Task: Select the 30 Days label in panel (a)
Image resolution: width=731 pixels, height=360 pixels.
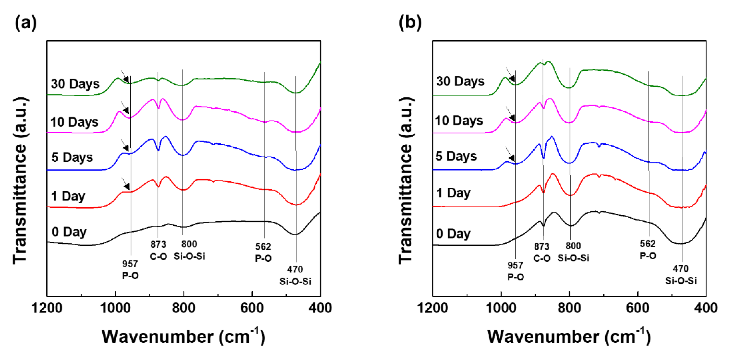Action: click(x=75, y=84)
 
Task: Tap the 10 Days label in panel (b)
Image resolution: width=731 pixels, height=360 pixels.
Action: click(x=459, y=121)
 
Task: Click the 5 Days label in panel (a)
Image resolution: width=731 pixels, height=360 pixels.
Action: click(x=72, y=157)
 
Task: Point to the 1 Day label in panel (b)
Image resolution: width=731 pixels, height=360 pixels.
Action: click(x=453, y=193)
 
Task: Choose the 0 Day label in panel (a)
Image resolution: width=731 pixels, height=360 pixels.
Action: click(x=69, y=232)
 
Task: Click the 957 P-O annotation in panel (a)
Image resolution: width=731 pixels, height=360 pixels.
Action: click(x=130, y=269)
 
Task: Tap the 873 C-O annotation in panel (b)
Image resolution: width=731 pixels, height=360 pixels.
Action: click(x=542, y=252)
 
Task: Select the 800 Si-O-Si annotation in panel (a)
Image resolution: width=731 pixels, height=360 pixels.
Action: click(x=189, y=250)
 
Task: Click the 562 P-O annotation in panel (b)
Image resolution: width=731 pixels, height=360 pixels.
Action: click(x=648, y=250)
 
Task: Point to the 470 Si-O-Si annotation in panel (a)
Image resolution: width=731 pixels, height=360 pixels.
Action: click(x=295, y=275)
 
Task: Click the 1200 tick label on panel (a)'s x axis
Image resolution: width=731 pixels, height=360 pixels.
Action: click(x=47, y=308)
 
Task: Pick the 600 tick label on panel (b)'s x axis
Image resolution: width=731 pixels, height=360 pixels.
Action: click(x=638, y=308)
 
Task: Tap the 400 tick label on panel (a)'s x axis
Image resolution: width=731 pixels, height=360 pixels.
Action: click(x=320, y=308)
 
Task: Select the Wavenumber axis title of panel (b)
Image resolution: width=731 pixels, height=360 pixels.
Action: click(x=569, y=337)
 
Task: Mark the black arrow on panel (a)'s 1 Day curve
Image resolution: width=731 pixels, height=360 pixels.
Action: click(x=125, y=184)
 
